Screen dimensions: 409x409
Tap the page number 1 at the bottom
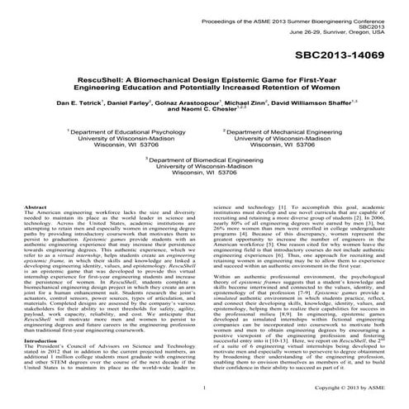point(203,385)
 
